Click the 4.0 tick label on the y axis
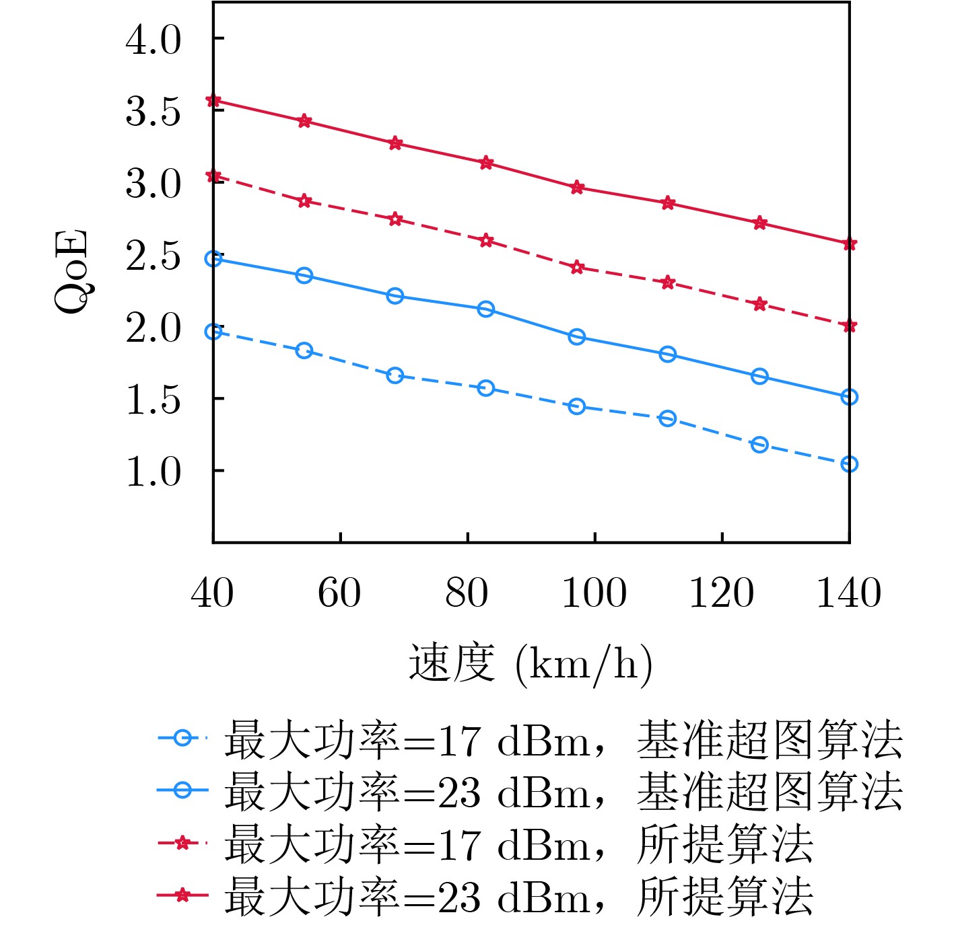pos(154,40)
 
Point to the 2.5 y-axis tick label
pos(154,256)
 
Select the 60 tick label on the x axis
pos(339,593)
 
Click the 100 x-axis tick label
pos(594,593)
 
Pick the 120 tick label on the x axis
pos(721,593)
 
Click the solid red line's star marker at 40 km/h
pos(213,101)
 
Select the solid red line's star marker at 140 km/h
pos(849,244)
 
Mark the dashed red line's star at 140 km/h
pos(849,326)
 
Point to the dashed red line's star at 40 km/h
pos(213,176)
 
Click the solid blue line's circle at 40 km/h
pos(213,259)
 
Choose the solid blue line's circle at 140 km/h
pos(849,397)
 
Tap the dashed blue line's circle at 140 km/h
pos(849,464)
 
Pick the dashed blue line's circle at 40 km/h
pos(213,332)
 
